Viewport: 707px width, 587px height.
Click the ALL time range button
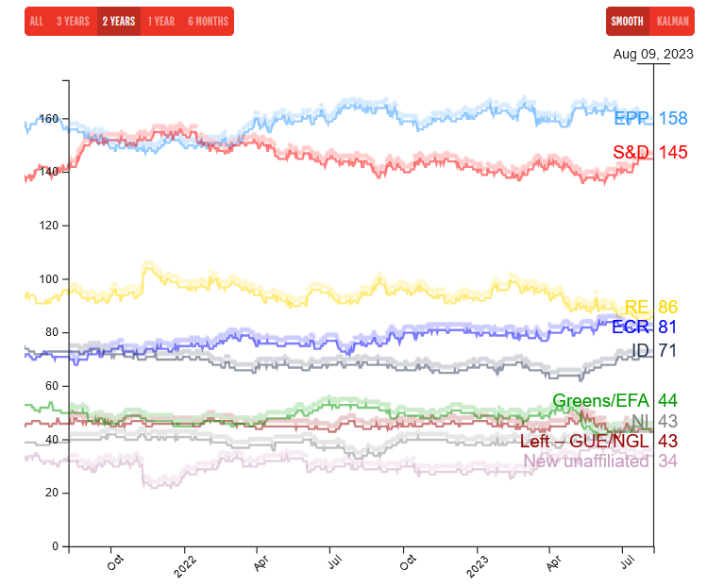[37, 21]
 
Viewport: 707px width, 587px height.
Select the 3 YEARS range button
[73, 21]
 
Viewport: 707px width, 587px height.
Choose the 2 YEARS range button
[119, 21]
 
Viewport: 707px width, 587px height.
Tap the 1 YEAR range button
[161, 21]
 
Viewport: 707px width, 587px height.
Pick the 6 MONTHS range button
[208, 21]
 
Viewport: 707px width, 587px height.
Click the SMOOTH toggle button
[627, 21]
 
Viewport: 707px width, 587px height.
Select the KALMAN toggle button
[673, 21]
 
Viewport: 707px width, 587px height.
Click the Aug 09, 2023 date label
[653, 54]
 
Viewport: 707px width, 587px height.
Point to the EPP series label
[631, 119]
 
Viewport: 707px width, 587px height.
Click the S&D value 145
[673, 152]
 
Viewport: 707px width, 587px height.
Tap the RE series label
[637, 307]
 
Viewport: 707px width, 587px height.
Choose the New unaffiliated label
[586, 461]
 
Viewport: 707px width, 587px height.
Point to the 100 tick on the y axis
[48, 279]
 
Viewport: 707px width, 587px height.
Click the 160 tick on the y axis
[48, 119]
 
